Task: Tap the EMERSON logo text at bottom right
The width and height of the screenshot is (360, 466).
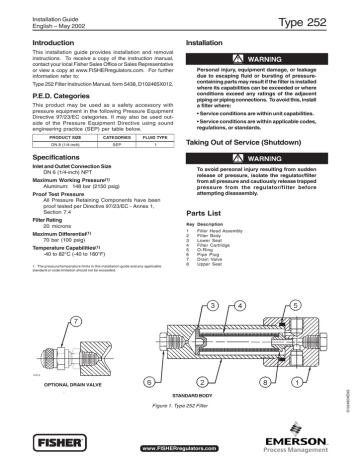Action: tap(319, 434)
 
